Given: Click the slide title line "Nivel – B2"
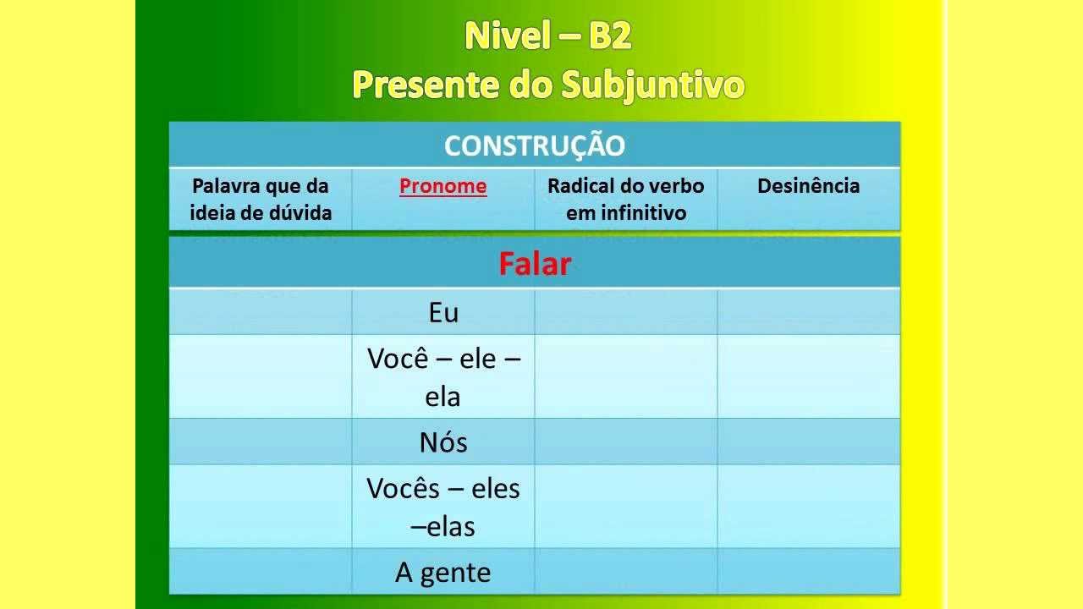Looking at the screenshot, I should tap(547, 36).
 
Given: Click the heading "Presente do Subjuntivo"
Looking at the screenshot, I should tap(547, 85).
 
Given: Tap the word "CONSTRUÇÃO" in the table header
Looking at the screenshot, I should tap(534, 145).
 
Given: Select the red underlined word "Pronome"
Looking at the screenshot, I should tap(443, 186).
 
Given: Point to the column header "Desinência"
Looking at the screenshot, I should tap(808, 186).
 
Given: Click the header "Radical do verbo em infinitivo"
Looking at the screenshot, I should tap(625, 199).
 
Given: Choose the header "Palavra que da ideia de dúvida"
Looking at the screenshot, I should tap(260, 199).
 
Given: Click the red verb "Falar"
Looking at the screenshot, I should tap(534, 264).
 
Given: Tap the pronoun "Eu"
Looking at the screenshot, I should tap(443, 313).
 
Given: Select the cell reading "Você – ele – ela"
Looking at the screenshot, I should tap(443, 376).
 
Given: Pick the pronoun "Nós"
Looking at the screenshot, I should tap(443, 442).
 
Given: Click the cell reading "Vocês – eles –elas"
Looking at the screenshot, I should tap(443, 507).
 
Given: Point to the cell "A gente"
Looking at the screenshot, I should tap(443, 573).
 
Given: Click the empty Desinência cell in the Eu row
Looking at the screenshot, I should tap(808, 312).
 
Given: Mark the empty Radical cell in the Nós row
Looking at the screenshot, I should tap(625, 442).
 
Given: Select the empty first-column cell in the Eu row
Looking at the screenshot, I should tap(260, 312).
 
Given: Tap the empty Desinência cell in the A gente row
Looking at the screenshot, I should tap(808, 571).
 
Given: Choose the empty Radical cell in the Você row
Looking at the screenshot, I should tap(625, 376).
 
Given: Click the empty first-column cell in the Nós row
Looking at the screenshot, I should tap(260, 442).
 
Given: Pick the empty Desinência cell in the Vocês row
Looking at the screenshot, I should tap(808, 507).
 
